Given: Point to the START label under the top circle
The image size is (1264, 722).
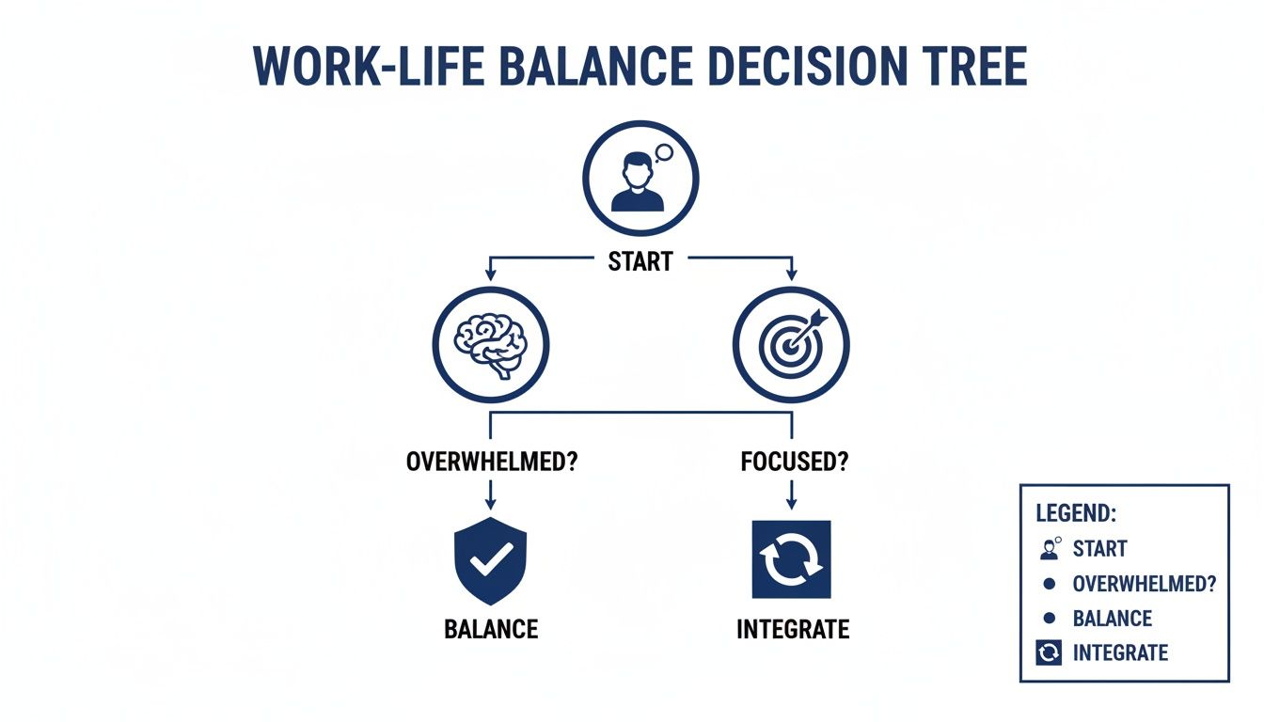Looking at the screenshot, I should [x=640, y=261].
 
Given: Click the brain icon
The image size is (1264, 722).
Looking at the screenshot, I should [x=489, y=345].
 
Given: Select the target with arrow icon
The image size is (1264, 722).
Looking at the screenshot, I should [x=792, y=345].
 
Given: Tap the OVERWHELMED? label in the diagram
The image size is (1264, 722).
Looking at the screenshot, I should [x=489, y=463].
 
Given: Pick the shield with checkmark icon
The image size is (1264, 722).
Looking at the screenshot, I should [x=490, y=562].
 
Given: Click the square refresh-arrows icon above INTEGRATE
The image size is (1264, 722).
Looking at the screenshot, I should [x=791, y=558].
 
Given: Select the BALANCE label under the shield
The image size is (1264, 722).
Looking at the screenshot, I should [x=490, y=629].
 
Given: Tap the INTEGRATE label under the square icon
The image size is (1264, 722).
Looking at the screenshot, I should [x=792, y=629].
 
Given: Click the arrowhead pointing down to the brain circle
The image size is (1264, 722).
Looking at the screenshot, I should [x=490, y=275].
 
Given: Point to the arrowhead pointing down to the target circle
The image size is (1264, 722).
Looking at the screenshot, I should [x=791, y=275].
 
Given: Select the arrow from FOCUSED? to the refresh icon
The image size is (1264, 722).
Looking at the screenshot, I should [x=791, y=495].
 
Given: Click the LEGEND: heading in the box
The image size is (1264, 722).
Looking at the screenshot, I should [x=1076, y=513].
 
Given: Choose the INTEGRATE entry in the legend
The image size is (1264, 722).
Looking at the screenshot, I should [x=1120, y=652].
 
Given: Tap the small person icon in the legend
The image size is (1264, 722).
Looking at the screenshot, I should [x=1051, y=548].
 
